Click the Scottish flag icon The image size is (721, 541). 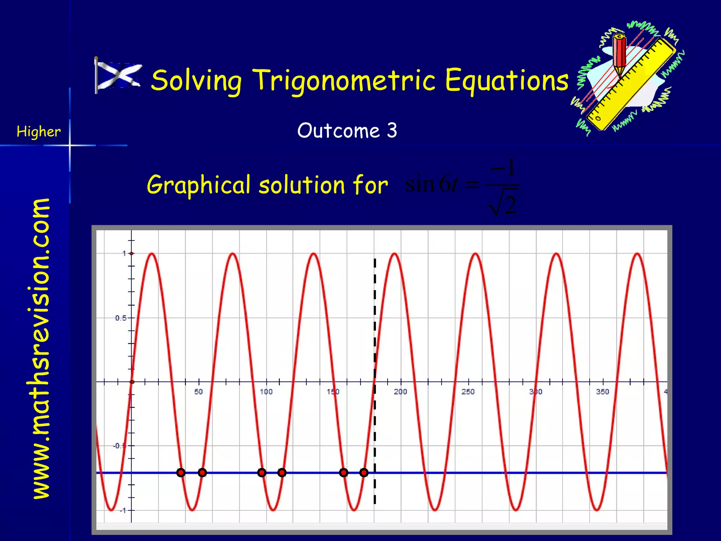point(118,75)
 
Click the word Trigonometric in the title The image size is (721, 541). point(344,81)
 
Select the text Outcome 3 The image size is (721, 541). point(347,131)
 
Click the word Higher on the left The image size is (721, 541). point(39,132)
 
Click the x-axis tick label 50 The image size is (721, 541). point(199,392)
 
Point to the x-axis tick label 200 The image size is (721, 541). point(400,392)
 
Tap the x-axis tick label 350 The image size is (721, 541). point(602,392)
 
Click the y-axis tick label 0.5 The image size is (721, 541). point(120,318)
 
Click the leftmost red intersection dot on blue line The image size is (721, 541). point(181,472)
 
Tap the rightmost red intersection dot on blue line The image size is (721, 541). point(364,472)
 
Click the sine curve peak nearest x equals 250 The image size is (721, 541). point(476,254)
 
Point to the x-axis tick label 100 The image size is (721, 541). point(266,392)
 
